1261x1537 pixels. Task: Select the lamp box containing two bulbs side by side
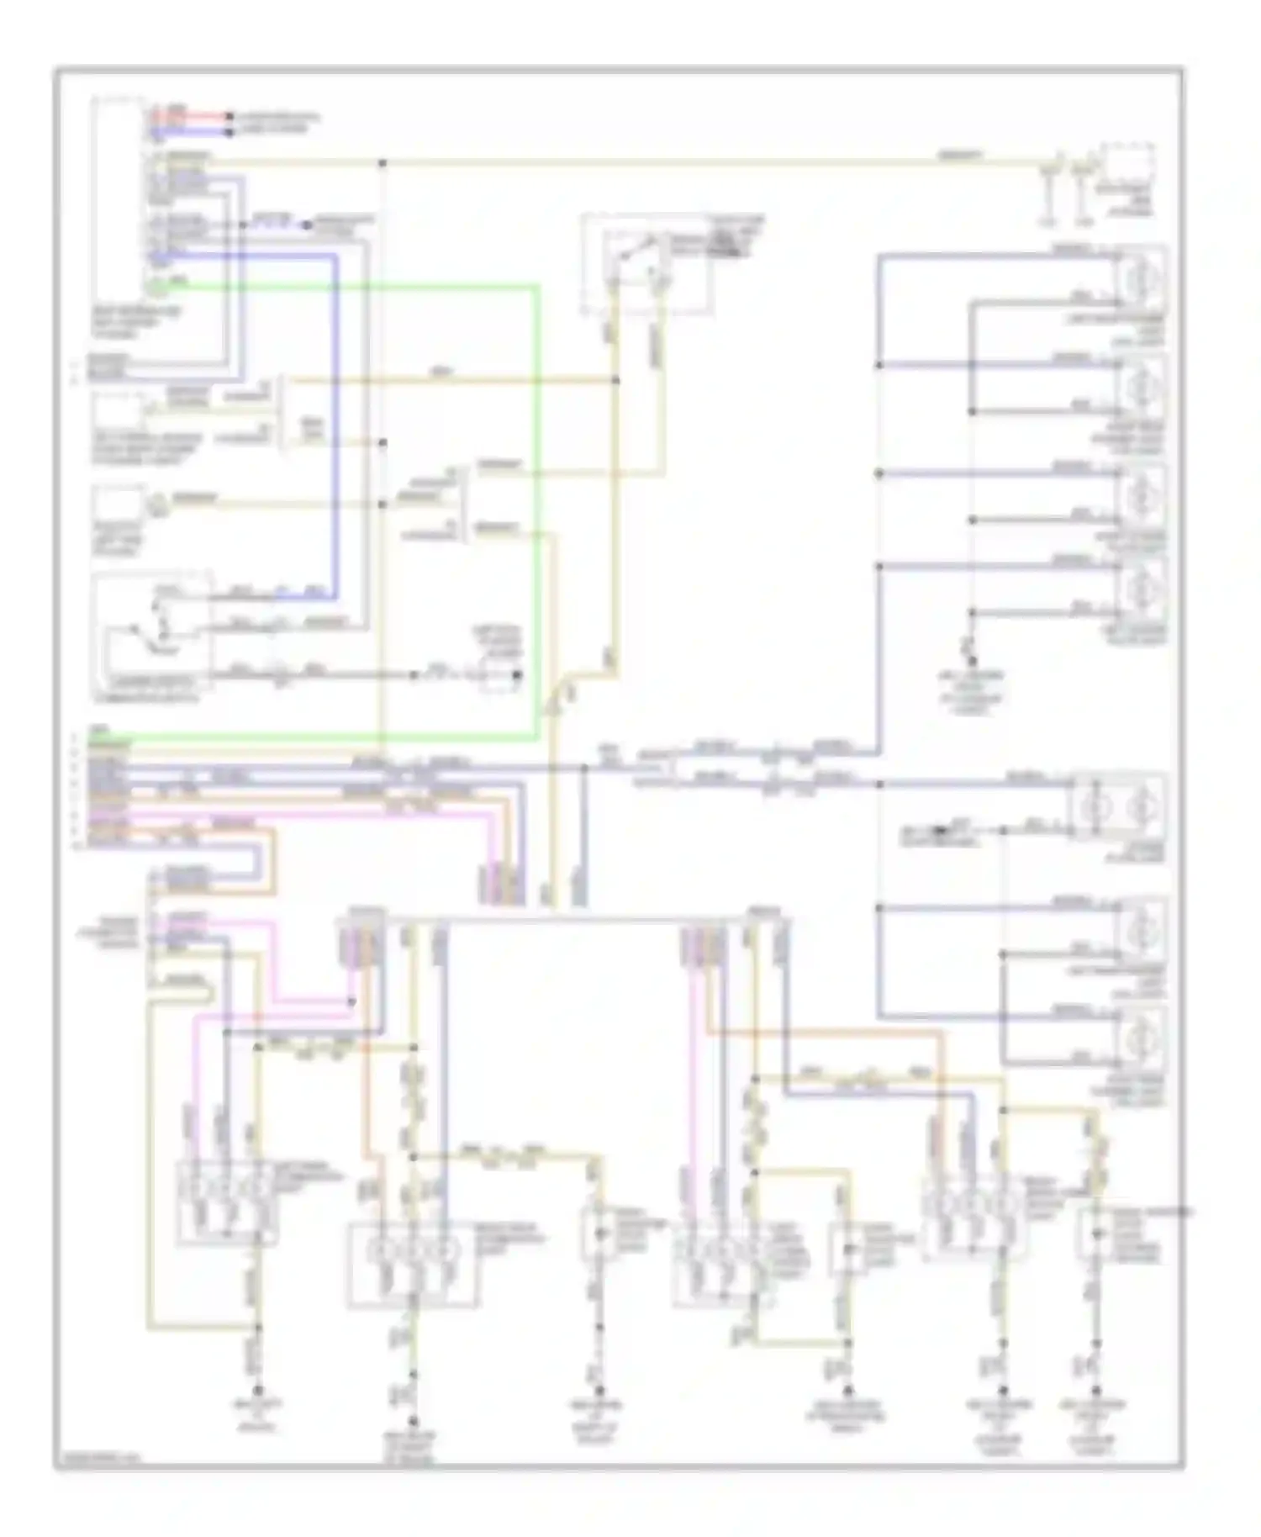tap(1115, 806)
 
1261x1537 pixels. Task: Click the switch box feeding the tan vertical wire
tap(643, 265)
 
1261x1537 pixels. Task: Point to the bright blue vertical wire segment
tap(337, 420)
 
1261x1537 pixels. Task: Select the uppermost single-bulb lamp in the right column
tap(1140, 277)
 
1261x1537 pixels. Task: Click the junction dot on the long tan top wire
tap(383, 161)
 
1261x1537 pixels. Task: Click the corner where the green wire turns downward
tap(536, 288)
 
